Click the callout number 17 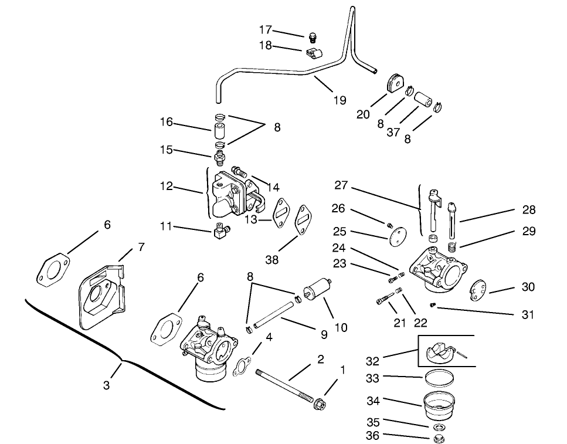[x=266, y=29]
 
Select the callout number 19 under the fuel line [x=340, y=100]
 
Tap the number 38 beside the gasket [x=271, y=259]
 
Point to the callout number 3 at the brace [x=107, y=385]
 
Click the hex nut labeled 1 [x=320, y=404]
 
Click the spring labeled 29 [x=451, y=247]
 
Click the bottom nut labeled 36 [x=437, y=438]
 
